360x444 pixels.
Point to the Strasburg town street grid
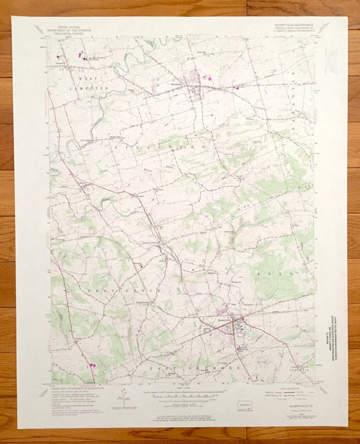[196, 79]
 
